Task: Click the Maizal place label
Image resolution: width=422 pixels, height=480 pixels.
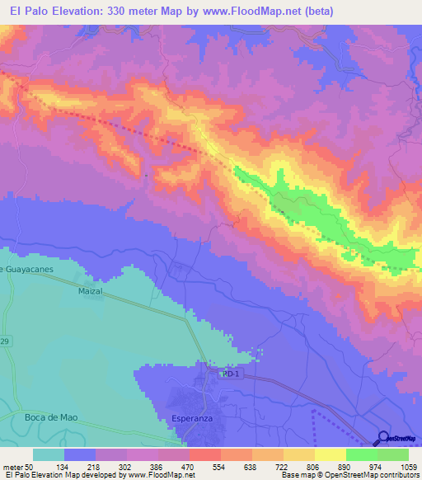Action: (90, 292)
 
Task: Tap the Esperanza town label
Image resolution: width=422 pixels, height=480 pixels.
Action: (190, 418)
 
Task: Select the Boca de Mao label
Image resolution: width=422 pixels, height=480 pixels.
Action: (50, 417)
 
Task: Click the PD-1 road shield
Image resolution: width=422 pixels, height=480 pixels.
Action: (230, 374)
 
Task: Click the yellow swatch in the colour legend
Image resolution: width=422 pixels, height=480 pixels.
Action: (330, 454)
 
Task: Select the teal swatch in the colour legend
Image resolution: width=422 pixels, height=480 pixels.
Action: (49, 454)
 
